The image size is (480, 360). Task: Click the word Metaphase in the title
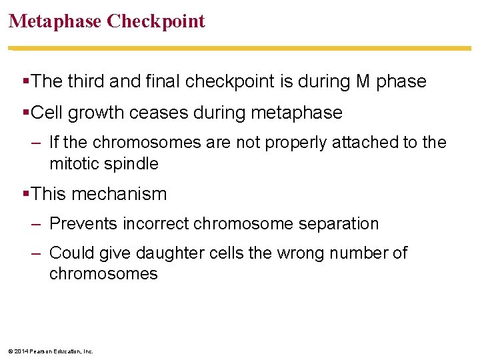[55, 21]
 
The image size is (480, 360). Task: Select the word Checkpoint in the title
[156, 21]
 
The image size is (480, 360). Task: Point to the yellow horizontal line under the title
[240, 49]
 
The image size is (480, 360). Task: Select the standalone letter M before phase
[363, 81]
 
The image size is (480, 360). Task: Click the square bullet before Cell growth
[26, 113]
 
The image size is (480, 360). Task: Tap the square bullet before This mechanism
[26, 194]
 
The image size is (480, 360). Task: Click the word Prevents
[83, 223]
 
